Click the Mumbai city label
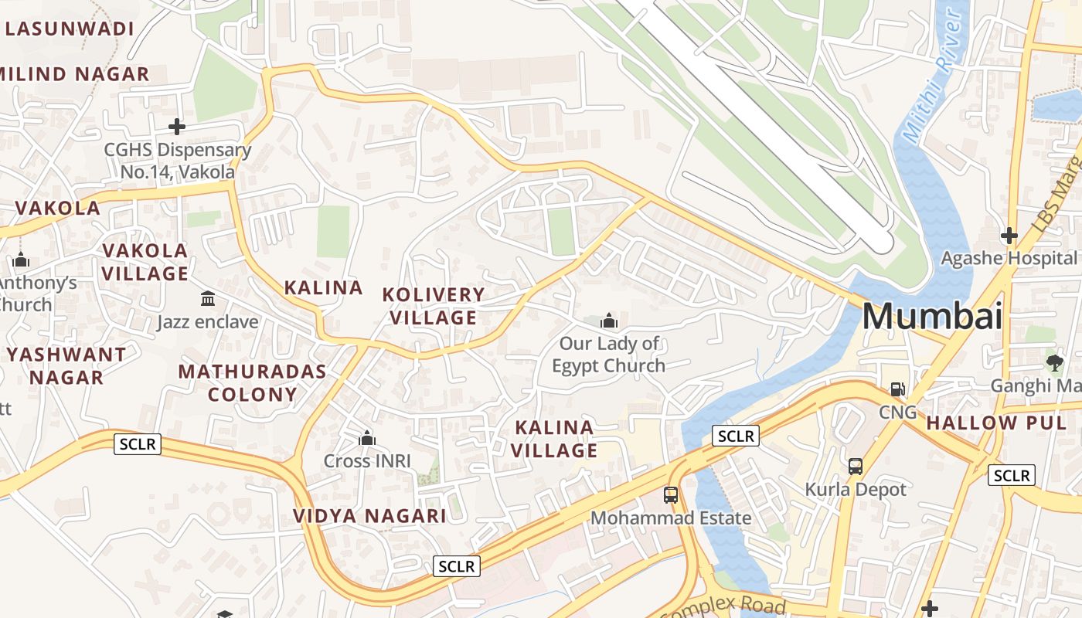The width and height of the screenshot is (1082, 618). point(931,317)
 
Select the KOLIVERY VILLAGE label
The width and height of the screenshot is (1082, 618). point(434,306)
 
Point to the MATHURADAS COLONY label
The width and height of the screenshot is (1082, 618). point(252,382)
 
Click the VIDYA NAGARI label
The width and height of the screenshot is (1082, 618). point(369,516)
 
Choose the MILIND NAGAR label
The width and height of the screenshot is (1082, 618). point(74,74)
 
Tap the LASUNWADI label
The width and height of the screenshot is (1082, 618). point(68,29)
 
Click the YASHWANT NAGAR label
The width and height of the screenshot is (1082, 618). point(66,366)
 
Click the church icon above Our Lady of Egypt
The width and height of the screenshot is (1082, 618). point(609,320)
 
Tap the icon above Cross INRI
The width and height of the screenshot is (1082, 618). point(367,439)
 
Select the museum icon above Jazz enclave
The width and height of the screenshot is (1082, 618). point(208,298)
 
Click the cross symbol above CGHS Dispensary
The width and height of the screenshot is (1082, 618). point(177,126)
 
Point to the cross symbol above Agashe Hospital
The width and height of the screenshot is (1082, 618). point(1009,235)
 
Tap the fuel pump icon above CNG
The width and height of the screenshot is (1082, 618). point(897,389)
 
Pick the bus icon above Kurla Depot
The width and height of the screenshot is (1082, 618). point(856,466)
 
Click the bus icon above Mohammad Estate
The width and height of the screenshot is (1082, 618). point(671,494)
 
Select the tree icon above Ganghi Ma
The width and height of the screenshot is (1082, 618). point(1054,362)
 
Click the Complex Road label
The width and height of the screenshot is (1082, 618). point(723,606)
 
